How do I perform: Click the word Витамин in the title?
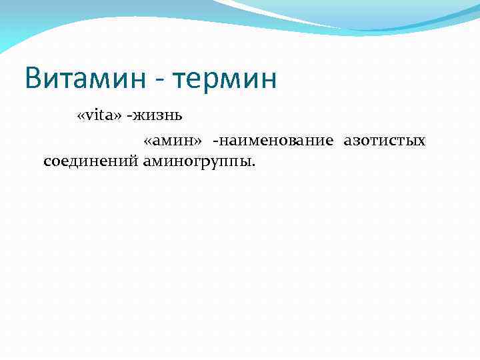83,79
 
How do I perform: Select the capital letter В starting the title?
35,79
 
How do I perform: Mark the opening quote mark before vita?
81,117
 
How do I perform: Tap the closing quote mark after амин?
198,142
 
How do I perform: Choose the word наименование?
276,141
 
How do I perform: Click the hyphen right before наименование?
215,142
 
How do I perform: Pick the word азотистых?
385,141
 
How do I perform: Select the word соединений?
90,161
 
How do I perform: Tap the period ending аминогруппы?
253,165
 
